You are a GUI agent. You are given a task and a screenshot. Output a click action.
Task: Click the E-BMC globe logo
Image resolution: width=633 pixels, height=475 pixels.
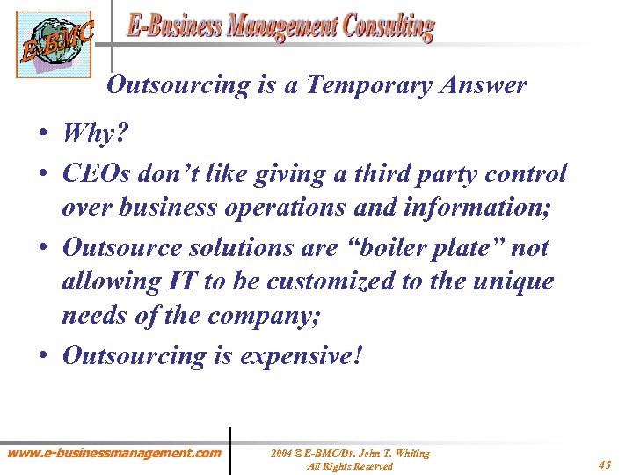point(53,44)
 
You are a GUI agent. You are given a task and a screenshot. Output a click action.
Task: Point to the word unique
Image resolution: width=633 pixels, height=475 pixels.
point(514,282)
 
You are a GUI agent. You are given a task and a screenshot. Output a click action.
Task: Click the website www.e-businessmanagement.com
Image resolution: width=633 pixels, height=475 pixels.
point(114,453)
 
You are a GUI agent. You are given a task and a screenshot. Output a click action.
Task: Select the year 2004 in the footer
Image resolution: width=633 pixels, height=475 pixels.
point(281,453)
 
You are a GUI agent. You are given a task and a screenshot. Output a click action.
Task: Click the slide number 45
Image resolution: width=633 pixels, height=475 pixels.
point(604,464)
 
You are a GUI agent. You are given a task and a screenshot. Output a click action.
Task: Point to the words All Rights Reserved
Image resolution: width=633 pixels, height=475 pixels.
point(349,466)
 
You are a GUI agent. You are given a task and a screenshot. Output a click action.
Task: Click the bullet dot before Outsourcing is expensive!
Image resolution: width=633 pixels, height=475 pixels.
point(44,355)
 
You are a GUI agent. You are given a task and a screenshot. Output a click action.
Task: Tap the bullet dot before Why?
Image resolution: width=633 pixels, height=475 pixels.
point(44,134)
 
